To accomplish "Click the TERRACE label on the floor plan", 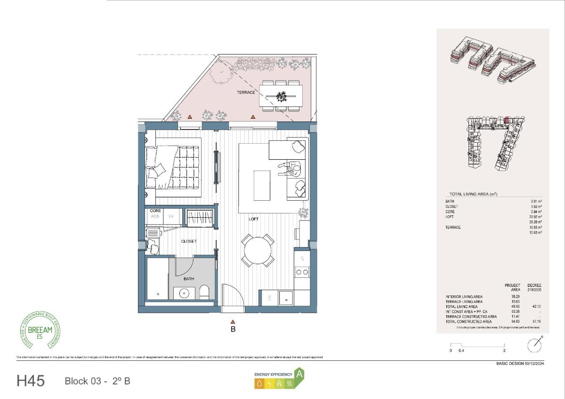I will [x=246, y=92].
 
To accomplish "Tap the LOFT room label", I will [x=254, y=219].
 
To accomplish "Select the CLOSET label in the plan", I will [x=189, y=241].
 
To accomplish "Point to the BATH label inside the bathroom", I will [x=189, y=279].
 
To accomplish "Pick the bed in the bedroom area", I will [x=173, y=167].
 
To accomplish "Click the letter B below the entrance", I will [x=233, y=329].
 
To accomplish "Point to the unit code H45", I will [x=31, y=381].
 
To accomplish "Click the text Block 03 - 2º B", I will [x=97, y=381].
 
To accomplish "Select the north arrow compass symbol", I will [x=534, y=345].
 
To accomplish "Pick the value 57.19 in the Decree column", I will [x=534, y=322].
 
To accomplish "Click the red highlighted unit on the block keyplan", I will [x=507, y=121].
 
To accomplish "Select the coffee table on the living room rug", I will [x=262, y=185].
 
